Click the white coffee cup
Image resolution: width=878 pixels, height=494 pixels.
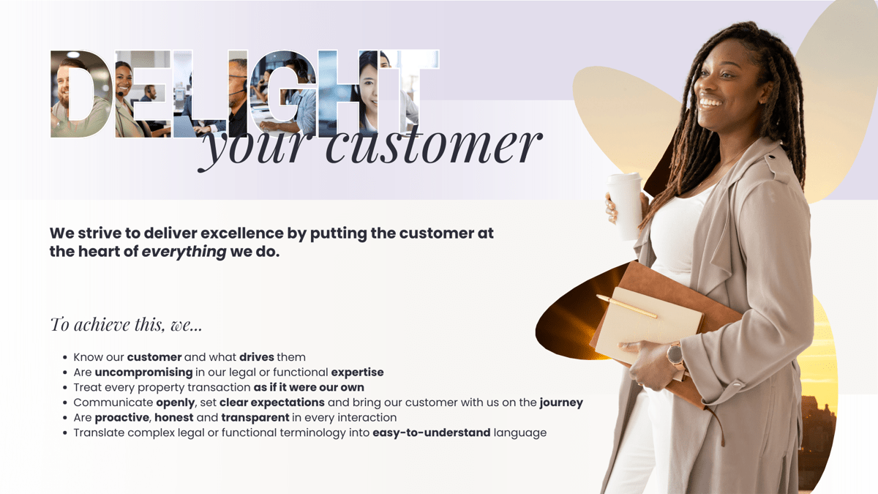pos(625,206)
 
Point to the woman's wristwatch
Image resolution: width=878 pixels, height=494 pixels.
pos(675,355)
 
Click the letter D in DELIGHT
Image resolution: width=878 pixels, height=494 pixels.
pos(80,94)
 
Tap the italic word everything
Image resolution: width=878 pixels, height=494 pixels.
pos(184,252)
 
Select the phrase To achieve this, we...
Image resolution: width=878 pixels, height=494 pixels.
pos(125,324)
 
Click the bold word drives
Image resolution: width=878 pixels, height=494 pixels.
pos(256,357)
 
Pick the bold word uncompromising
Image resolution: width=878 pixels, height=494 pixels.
pos(143,373)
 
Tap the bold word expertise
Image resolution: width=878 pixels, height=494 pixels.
pos(357,373)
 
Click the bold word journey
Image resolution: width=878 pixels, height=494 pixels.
pos(561,403)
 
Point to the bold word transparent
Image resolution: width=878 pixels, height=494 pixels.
pos(255,418)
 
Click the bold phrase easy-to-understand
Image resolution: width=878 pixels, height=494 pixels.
pos(431,433)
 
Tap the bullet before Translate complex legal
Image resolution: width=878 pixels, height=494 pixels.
pos(66,433)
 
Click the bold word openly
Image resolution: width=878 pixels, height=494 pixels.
pos(176,403)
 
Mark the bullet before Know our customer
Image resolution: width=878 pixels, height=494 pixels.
pos(66,358)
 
